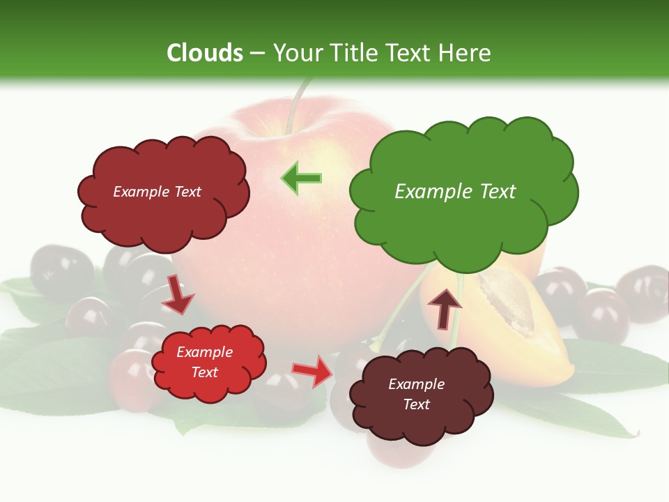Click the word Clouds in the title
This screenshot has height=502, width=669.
[204, 53]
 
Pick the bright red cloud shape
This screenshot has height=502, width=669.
[207, 363]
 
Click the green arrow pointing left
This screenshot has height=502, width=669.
[301, 178]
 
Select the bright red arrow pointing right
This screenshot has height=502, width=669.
[313, 371]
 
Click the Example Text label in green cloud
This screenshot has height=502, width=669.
[455, 192]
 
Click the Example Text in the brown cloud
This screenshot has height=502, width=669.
[416, 394]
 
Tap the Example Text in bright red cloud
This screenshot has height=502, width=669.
[204, 363]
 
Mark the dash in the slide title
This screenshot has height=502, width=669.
[257, 54]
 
